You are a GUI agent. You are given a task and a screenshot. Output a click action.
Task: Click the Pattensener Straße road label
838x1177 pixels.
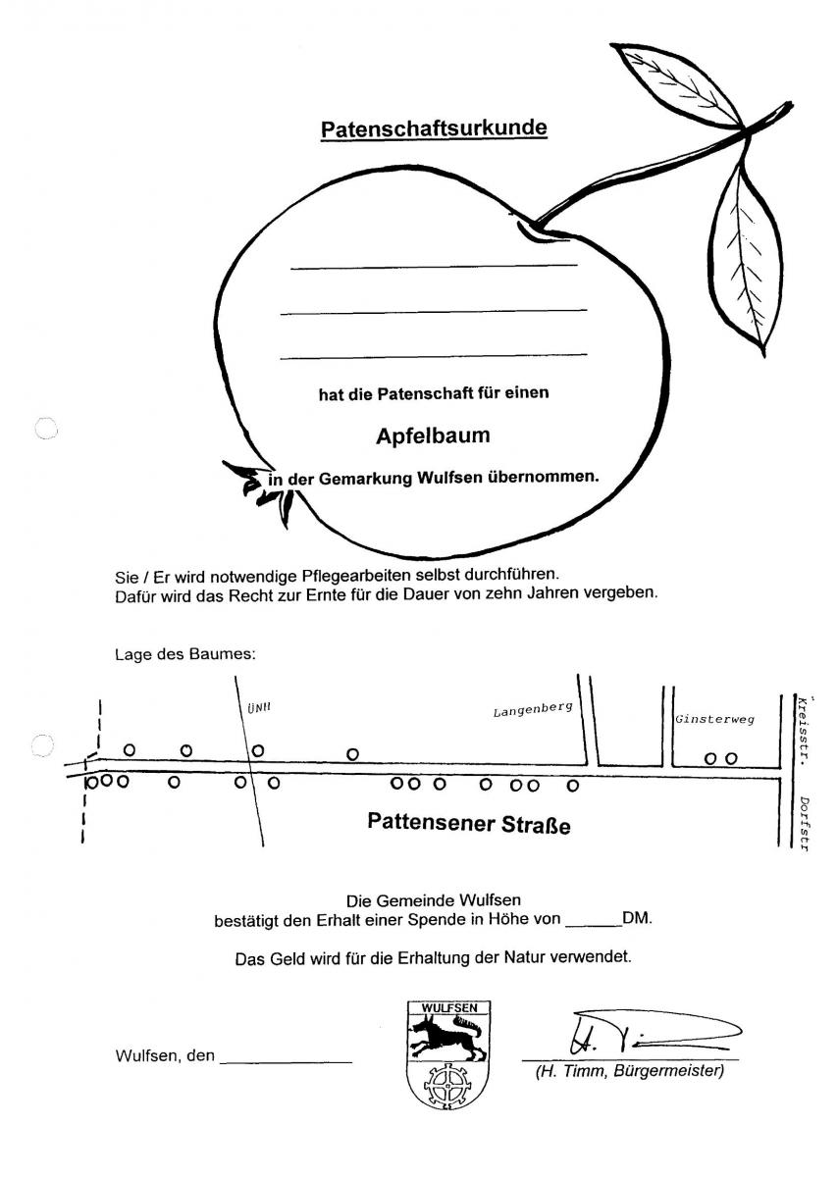468,821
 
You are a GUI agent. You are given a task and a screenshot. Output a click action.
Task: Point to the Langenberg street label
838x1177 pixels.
532,709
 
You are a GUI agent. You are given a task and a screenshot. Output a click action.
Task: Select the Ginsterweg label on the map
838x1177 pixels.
714,719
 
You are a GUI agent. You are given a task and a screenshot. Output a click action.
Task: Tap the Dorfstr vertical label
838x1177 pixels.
803,823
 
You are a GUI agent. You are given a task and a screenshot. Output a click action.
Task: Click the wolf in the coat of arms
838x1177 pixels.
447,1036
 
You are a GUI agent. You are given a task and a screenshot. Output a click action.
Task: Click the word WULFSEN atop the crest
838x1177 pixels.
448,1007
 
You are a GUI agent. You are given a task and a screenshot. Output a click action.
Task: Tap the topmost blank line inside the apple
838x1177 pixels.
434,266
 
